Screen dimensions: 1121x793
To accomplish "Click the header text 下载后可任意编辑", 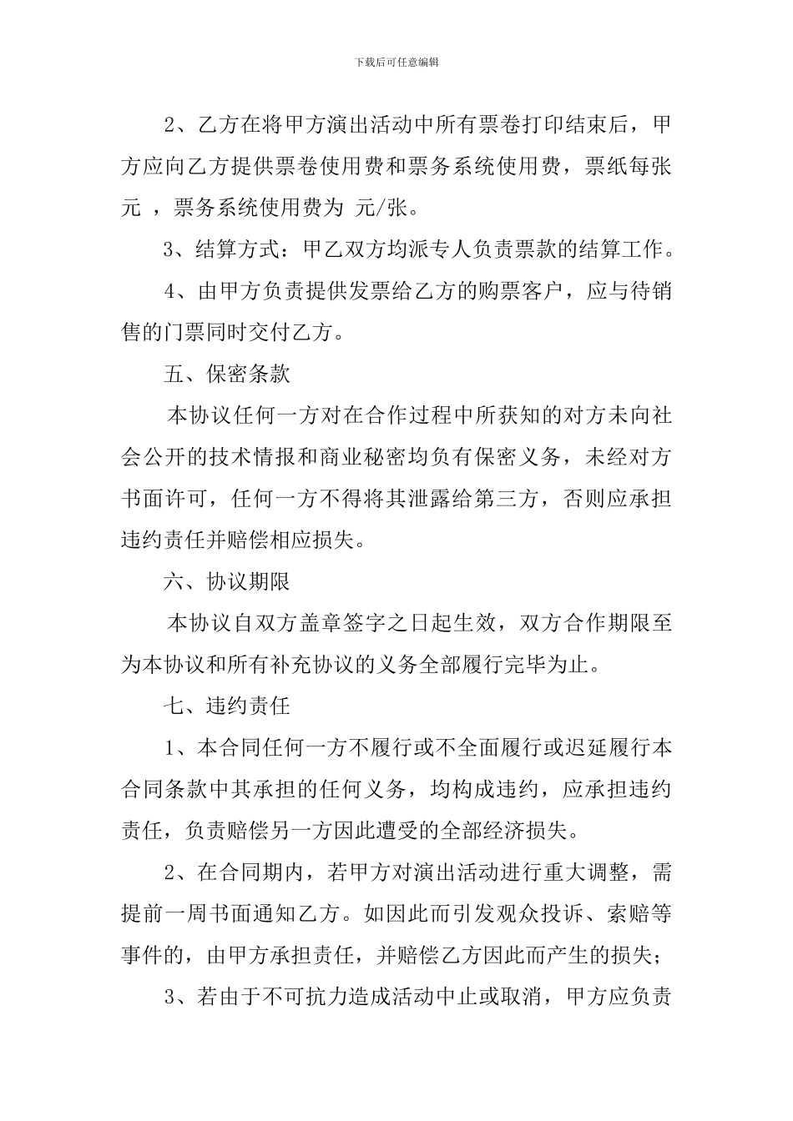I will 396,62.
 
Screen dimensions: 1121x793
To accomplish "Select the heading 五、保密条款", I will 226,375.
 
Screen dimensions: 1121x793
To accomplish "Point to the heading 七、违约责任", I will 226,706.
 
